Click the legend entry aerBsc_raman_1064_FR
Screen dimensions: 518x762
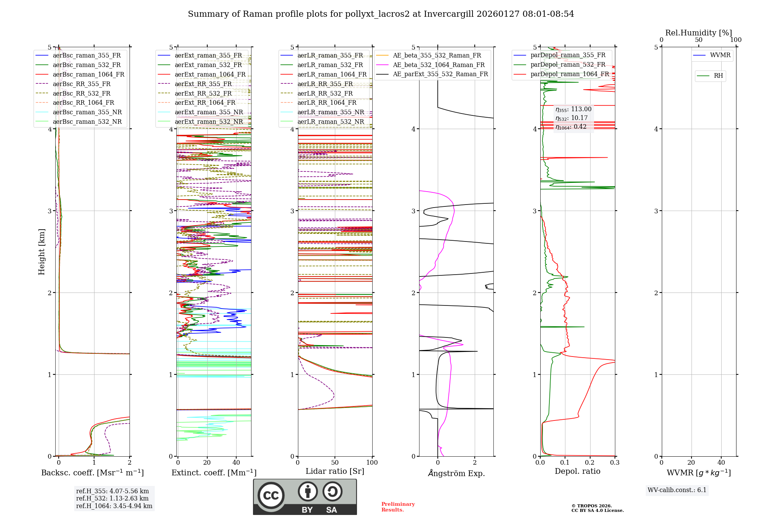pos(88,74)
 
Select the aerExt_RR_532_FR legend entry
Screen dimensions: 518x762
pos(203,93)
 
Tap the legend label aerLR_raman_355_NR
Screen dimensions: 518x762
pos(330,112)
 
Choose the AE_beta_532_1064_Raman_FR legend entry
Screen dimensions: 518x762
pos(439,65)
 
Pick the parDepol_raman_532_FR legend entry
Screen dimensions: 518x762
pos(568,64)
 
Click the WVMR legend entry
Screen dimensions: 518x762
pos(720,55)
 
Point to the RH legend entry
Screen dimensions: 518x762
pos(718,76)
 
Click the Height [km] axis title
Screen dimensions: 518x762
pos(42,252)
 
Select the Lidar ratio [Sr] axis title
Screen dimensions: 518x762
pos(335,471)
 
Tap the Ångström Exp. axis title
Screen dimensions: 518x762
pos(456,473)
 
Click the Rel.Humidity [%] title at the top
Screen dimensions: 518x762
pos(698,33)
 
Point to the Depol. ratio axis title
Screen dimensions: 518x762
pos(577,471)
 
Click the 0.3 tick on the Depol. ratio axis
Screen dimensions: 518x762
pos(615,463)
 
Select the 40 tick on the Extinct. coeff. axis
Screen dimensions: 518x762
pos(236,463)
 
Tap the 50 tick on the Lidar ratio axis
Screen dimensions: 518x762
pos(335,463)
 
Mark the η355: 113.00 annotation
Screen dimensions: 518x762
pos(573,109)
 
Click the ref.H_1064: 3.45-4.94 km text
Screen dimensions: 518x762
pos(114,506)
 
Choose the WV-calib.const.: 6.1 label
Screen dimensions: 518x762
pos(677,490)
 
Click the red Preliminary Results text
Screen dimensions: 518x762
pos(398,507)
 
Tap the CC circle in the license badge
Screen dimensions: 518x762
pos(271,495)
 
